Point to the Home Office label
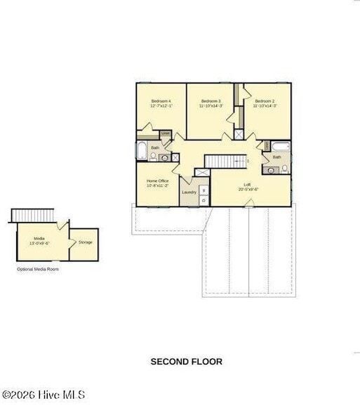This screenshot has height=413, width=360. (x=157, y=183)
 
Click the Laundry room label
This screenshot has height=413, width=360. (x=189, y=192)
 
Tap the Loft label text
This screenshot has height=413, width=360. (x=248, y=187)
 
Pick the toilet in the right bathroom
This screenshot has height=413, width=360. (x=284, y=169)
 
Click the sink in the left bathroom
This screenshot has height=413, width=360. (x=164, y=158)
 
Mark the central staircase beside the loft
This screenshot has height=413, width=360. (x=227, y=161)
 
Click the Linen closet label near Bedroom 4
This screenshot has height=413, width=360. (x=166, y=133)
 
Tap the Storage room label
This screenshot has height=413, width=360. (x=85, y=242)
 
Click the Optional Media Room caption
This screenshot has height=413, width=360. (x=39, y=269)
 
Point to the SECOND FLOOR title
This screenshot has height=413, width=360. (x=187, y=362)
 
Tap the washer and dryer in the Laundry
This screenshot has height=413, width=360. (x=204, y=195)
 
